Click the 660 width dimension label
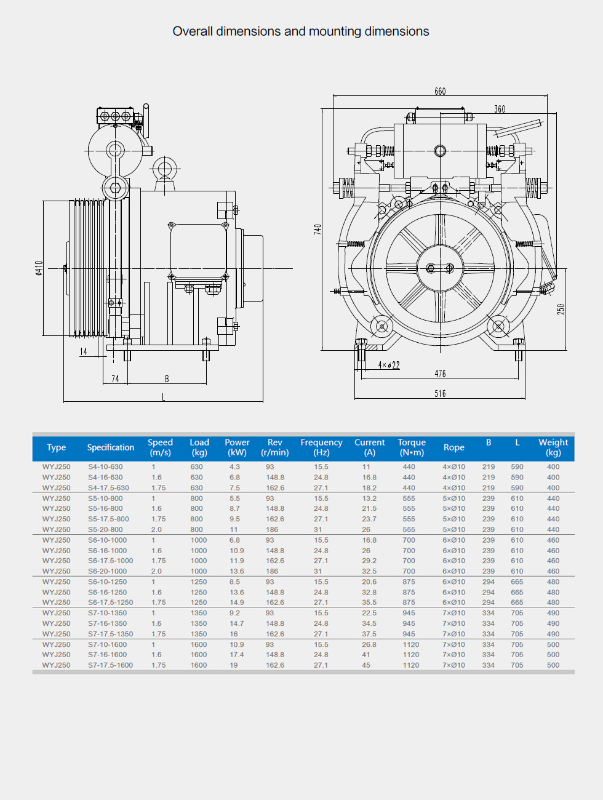pos(440,92)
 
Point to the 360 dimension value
pos(500,110)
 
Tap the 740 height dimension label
pos(317,229)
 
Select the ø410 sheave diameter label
pos(39,268)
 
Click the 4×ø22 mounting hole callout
pos(389,365)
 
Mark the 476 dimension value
pos(440,374)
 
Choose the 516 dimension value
pos(440,394)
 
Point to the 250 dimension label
pos(561,309)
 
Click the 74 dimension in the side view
pos(115,379)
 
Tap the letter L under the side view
pos(163,398)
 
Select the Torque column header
pos(412,447)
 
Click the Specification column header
pos(111,447)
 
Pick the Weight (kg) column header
pos(553,447)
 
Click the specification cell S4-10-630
pos(105,467)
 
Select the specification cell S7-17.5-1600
pos(110,665)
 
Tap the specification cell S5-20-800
pos(105,530)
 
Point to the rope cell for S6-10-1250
pos(453,582)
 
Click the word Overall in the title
pos(193,31)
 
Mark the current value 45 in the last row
pos(366,665)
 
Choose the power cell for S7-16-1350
pos(237,624)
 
